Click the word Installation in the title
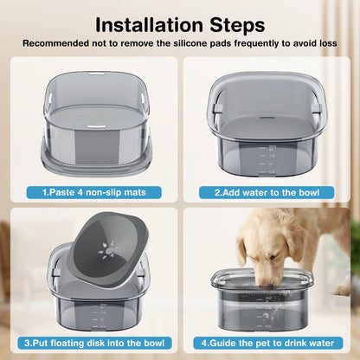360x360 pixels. pos(150,25)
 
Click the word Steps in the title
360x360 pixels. pos(237,26)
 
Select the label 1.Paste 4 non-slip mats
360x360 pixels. pos(94,192)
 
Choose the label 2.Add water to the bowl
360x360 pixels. pos(267,192)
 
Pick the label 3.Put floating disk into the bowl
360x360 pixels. pos(94,343)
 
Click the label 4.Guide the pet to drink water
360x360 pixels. pos(267,343)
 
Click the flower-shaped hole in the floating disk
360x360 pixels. pos(108,250)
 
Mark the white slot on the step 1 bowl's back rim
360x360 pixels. pos(97,74)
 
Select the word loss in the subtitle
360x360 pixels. pos(328,43)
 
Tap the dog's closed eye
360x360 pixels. pos(274,256)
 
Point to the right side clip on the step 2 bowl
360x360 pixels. pos(316,109)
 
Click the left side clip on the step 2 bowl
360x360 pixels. pos(217,109)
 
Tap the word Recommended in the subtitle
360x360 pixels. pos(55,43)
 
